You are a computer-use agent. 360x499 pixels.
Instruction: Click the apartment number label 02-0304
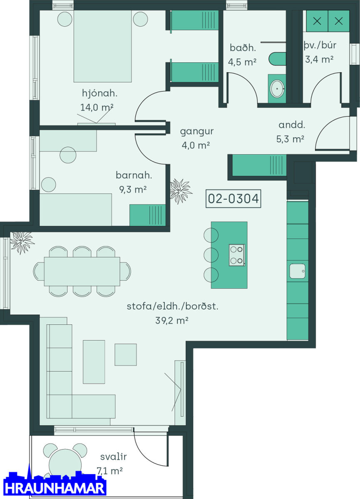233,198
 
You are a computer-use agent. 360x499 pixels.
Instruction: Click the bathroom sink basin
277,89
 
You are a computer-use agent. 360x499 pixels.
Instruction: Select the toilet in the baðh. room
277,59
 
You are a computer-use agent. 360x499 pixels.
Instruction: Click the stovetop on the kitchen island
237,255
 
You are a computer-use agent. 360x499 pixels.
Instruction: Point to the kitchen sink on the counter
297,271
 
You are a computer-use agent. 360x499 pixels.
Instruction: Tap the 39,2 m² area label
172,321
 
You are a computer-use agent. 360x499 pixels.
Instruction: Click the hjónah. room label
99,93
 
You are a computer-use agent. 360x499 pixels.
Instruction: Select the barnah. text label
134,175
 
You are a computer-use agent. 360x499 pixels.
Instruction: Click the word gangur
196,132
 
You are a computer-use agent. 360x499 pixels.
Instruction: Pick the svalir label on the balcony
114,457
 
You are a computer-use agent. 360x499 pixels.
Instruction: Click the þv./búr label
320,46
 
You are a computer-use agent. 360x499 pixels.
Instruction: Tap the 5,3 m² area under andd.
290,139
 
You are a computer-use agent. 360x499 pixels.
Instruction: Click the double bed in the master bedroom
102,46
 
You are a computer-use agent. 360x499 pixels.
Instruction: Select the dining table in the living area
82,272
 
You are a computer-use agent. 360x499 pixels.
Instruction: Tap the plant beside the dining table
22,242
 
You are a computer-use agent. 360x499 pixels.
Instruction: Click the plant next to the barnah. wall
181,191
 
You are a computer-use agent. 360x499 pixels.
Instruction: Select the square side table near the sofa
126,355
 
